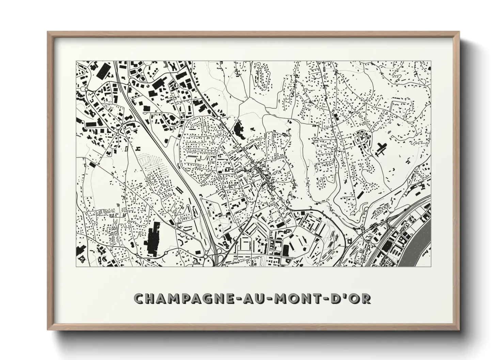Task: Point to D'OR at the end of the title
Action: coord(351,298)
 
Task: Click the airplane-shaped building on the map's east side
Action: coord(381,149)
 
